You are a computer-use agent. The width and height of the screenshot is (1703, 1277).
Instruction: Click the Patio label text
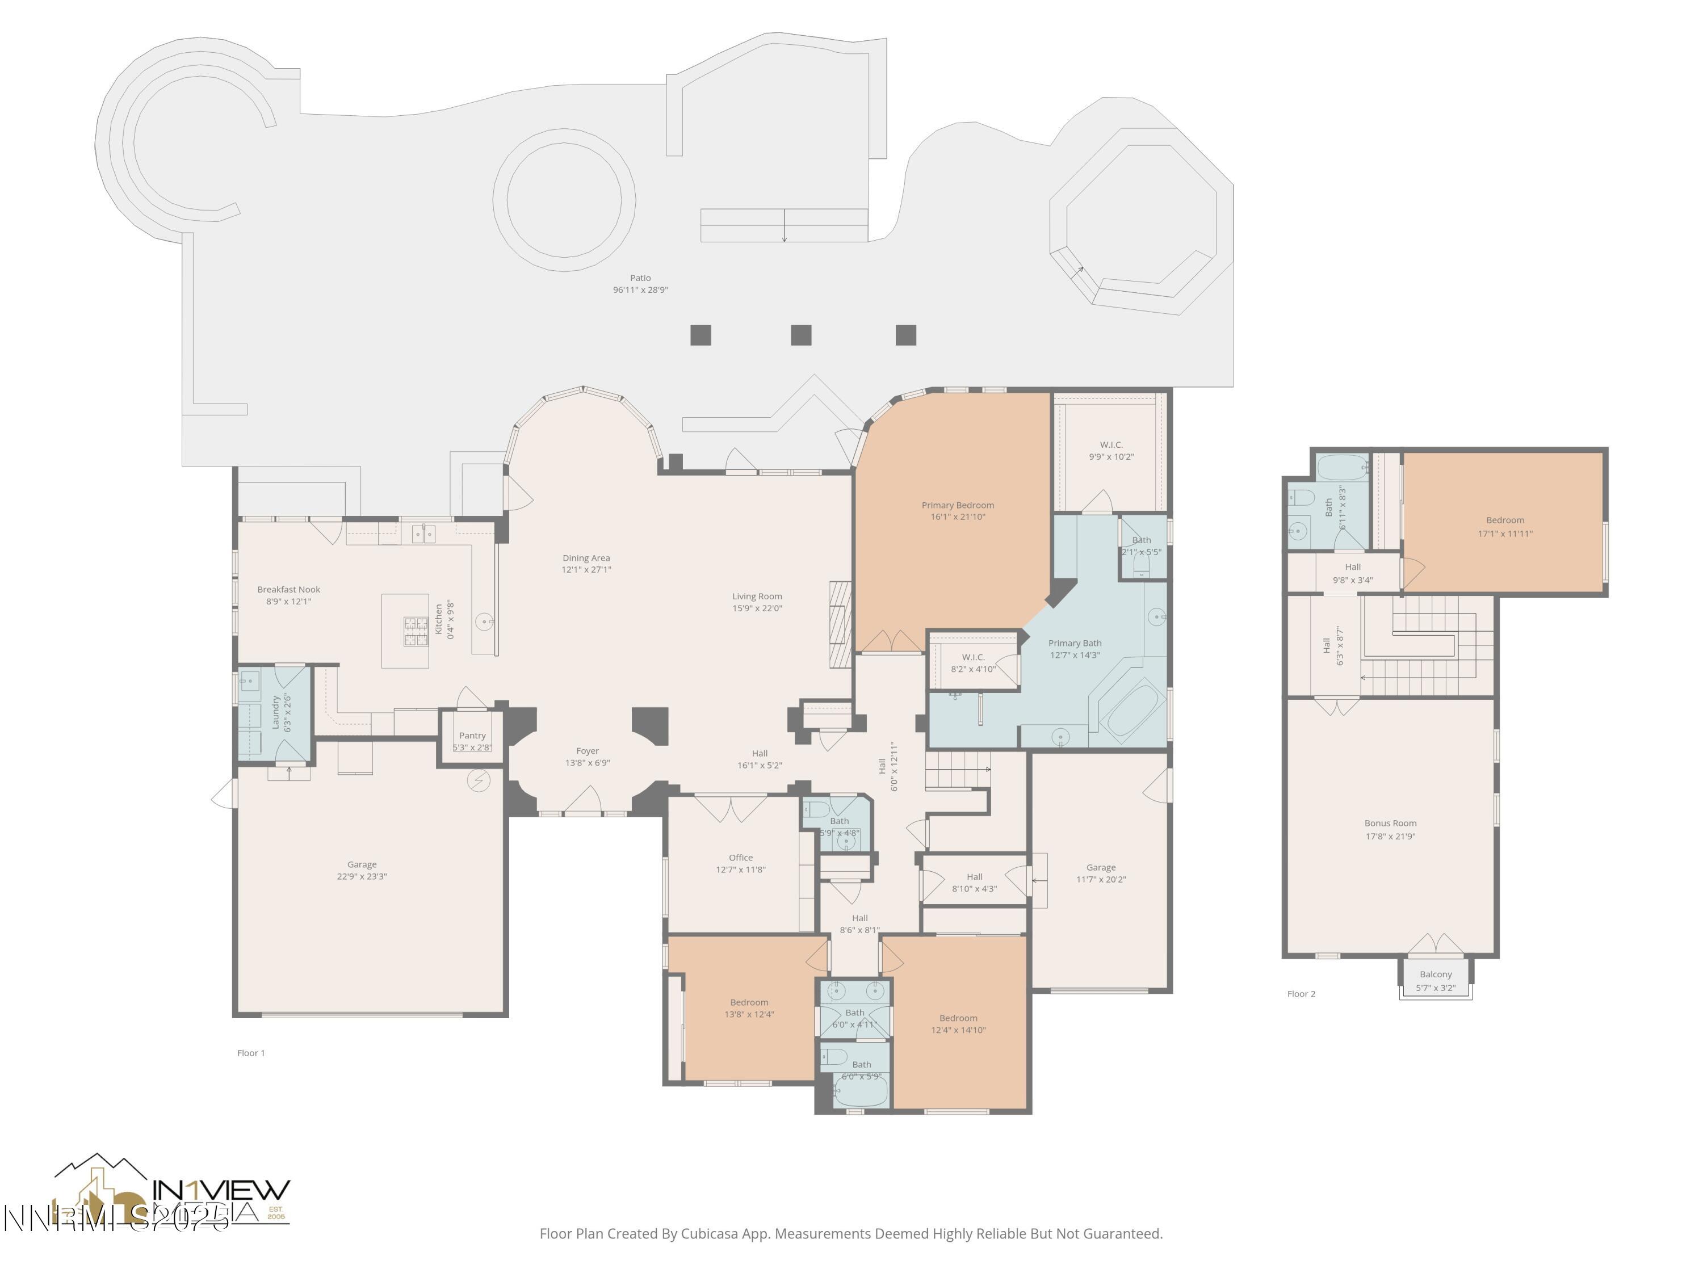(640, 278)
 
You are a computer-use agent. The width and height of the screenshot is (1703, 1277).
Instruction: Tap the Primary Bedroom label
(957, 506)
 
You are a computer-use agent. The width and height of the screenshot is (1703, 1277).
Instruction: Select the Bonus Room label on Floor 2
(1390, 824)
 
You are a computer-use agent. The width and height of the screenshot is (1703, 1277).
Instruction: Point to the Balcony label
(1435, 974)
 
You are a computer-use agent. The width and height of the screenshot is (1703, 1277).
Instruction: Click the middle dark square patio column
(800, 335)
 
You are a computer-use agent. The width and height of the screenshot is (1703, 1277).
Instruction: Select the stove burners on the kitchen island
(416, 631)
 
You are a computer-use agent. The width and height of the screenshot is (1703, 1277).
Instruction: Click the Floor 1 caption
(251, 1053)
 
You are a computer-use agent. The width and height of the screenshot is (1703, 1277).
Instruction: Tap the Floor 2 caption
(1301, 994)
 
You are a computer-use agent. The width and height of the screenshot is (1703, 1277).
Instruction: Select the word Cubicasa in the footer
(709, 1234)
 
